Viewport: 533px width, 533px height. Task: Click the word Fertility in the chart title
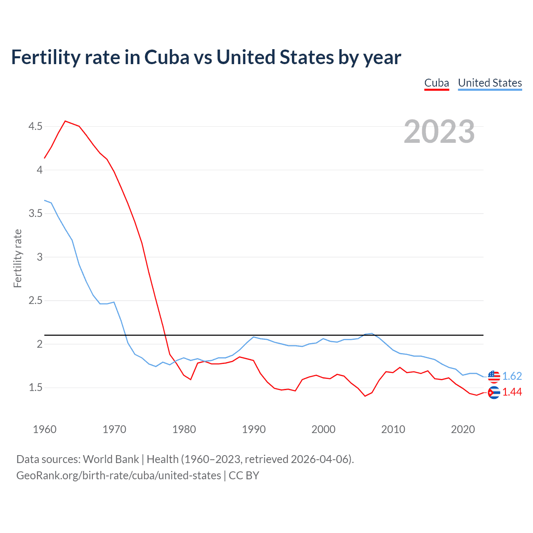pos(45,57)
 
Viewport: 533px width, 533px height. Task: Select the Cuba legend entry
pos(436,83)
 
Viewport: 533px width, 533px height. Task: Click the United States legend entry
pos(490,83)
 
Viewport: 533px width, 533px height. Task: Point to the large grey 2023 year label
pos(439,132)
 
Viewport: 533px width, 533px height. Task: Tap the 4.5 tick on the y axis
pos(35,126)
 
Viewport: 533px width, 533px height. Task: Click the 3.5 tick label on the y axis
pos(35,214)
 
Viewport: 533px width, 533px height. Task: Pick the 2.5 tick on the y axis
pos(35,301)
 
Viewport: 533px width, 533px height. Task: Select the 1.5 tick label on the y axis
pos(35,388)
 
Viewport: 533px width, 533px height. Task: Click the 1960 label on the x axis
pos(45,429)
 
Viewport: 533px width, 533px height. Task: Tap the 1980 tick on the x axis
pos(184,429)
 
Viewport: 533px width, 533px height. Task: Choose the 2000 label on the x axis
pos(323,429)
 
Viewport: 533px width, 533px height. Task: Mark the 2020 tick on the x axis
pos(463,429)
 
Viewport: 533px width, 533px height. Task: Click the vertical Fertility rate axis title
pos(17,258)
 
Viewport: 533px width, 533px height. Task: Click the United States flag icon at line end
pos(493,376)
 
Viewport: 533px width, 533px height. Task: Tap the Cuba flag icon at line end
pos(493,392)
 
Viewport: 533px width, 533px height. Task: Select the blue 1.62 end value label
pos(512,376)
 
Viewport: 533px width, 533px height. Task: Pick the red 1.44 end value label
pos(512,392)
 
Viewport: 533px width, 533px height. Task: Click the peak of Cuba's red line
pos(65,121)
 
